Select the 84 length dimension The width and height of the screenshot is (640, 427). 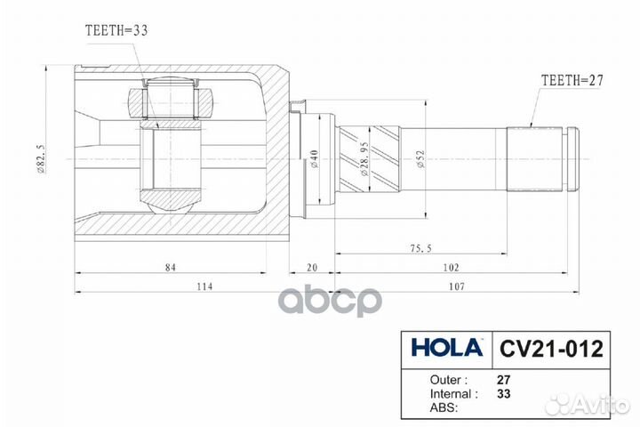point(170,266)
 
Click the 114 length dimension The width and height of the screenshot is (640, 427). point(204,285)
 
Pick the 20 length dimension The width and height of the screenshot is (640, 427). point(312,266)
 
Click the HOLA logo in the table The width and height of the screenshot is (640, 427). point(446,347)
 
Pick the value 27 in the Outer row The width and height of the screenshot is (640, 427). point(503,376)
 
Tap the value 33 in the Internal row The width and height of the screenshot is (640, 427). point(503,392)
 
